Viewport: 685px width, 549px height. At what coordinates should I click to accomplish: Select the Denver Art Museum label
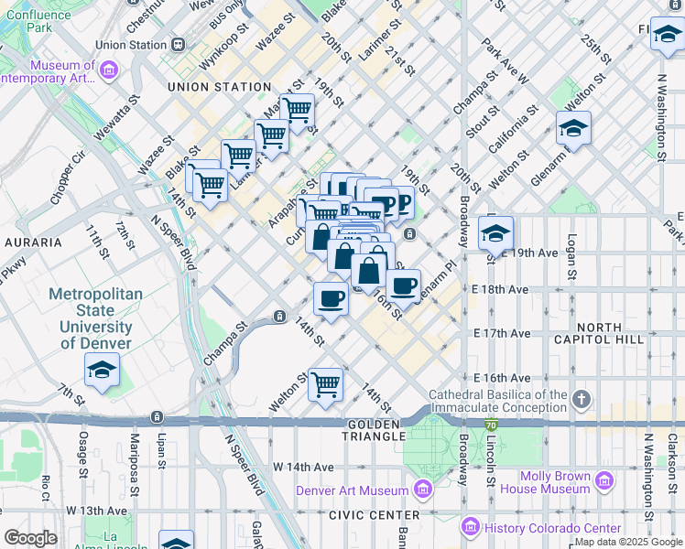point(353,490)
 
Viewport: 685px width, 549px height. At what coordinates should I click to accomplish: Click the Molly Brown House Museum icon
point(603,481)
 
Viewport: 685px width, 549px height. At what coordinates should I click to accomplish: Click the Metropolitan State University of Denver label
point(95,318)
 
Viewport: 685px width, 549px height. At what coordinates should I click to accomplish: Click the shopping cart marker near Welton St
point(325,384)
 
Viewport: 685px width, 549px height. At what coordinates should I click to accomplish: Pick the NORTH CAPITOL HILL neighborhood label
point(599,333)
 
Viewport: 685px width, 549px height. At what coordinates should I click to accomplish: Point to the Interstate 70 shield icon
point(491,425)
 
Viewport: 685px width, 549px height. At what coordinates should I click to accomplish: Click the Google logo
point(30,538)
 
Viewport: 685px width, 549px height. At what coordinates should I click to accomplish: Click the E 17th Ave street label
point(501,334)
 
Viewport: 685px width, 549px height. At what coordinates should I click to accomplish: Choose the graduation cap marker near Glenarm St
point(574,129)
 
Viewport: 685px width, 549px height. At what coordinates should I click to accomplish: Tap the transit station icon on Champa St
point(278,317)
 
